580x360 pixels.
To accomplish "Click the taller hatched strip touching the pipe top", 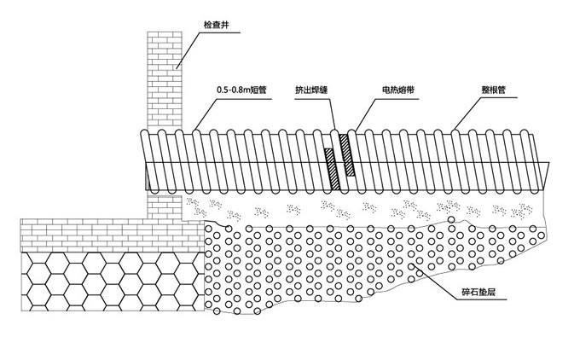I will point(346,162).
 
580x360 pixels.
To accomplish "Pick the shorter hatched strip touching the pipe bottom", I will point(329,171).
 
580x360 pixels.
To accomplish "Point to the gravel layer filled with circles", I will point(341,264).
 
